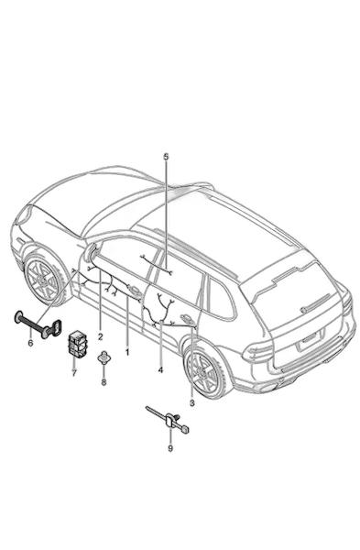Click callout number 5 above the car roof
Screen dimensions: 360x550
[166, 157]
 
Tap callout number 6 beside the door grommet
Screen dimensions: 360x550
[30, 343]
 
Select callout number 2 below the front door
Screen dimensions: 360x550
[101, 337]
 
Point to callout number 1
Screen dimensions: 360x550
[127, 352]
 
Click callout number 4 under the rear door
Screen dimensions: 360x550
[160, 369]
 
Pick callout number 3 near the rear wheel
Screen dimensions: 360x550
[191, 403]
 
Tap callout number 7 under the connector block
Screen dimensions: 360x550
[74, 373]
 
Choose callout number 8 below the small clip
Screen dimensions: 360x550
[104, 382]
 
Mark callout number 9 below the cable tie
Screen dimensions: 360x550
[170, 448]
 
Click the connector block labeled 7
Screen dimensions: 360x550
[78, 342]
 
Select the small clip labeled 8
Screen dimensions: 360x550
[104, 357]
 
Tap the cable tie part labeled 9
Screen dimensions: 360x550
[169, 419]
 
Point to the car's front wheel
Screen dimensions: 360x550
[43, 280]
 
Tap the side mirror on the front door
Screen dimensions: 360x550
[91, 252]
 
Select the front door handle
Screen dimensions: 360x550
[134, 291]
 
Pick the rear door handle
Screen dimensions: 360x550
[186, 319]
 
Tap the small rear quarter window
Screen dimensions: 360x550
[220, 298]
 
